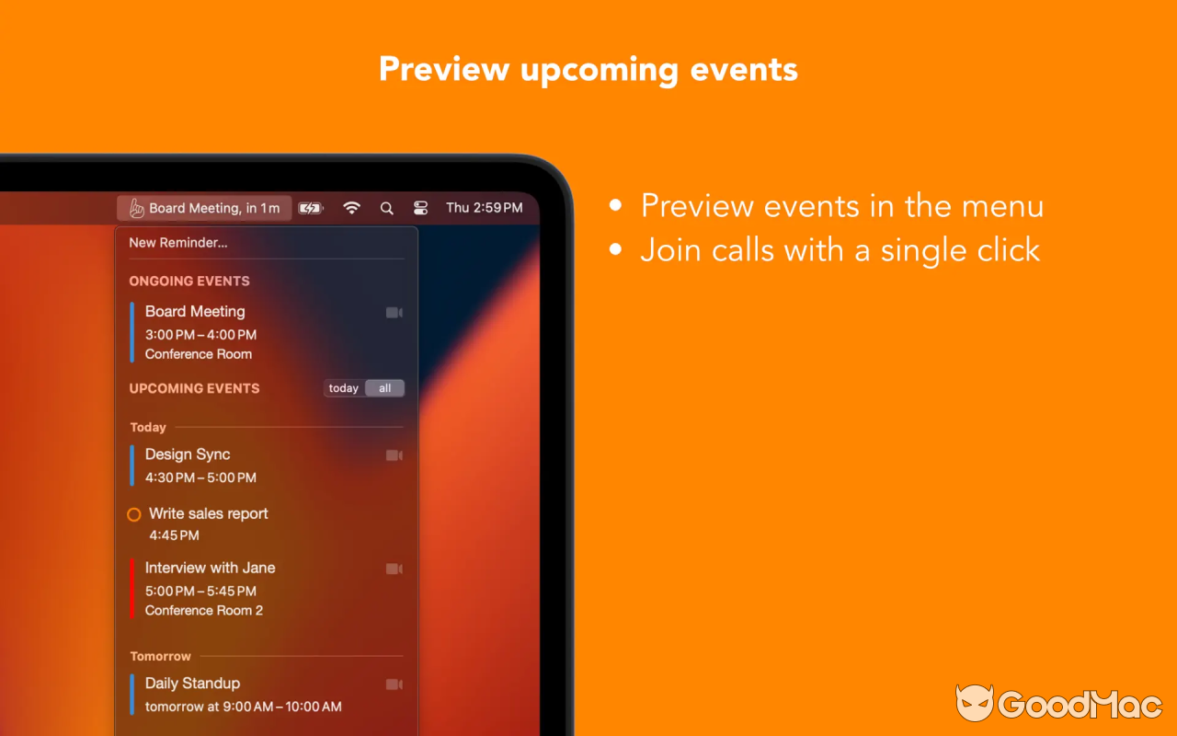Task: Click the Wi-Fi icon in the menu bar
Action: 351,208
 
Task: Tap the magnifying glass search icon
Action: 386,208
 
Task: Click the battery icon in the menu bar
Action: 310,208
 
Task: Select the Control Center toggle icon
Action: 421,208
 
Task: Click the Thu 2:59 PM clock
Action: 484,208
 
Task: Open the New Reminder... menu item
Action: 178,243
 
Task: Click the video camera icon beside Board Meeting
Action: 394,313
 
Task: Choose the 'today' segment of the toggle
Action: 344,388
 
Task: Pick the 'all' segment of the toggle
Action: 384,388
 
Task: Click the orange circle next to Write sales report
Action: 134,514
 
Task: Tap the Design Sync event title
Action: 188,454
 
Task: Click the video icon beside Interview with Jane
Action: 394,569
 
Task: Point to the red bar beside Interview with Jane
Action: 132,589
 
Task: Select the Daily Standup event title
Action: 192,684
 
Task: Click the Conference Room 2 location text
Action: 204,611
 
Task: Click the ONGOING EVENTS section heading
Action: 189,282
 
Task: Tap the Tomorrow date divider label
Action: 161,657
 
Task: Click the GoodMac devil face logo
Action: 975,704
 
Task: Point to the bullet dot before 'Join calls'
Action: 616,250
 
